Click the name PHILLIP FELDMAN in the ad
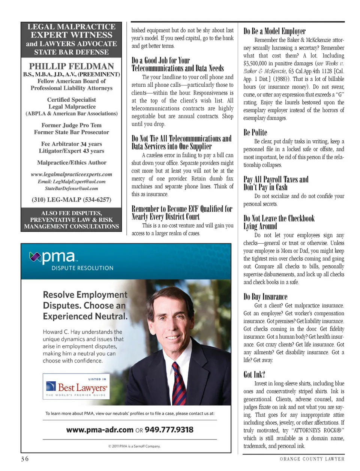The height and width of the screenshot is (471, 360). [x=71, y=66]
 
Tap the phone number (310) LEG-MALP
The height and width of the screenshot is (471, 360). [x=71, y=200]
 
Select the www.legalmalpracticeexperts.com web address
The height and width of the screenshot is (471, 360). [x=71, y=175]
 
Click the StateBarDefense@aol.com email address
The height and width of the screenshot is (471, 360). [x=71, y=188]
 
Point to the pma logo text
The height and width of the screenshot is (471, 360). [x=58, y=257]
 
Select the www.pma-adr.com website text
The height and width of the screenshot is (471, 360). [x=100, y=430]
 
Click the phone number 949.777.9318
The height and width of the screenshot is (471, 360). [x=169, y=430]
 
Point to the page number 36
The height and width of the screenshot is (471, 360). [x=25, y=459]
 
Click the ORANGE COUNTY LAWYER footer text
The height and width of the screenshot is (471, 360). [x=312, y=459]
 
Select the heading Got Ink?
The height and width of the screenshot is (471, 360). [x=254, y=375]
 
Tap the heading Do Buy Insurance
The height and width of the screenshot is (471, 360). [x=265, y=297]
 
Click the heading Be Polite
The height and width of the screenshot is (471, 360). [x=255, y=132]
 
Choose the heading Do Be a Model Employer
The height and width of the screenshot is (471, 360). [x=274, y=31]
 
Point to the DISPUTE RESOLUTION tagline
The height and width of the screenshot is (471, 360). [x=82, y=268]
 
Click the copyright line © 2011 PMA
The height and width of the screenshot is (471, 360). [x=134, y=446]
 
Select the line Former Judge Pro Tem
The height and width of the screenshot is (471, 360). [x=71, y=125]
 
